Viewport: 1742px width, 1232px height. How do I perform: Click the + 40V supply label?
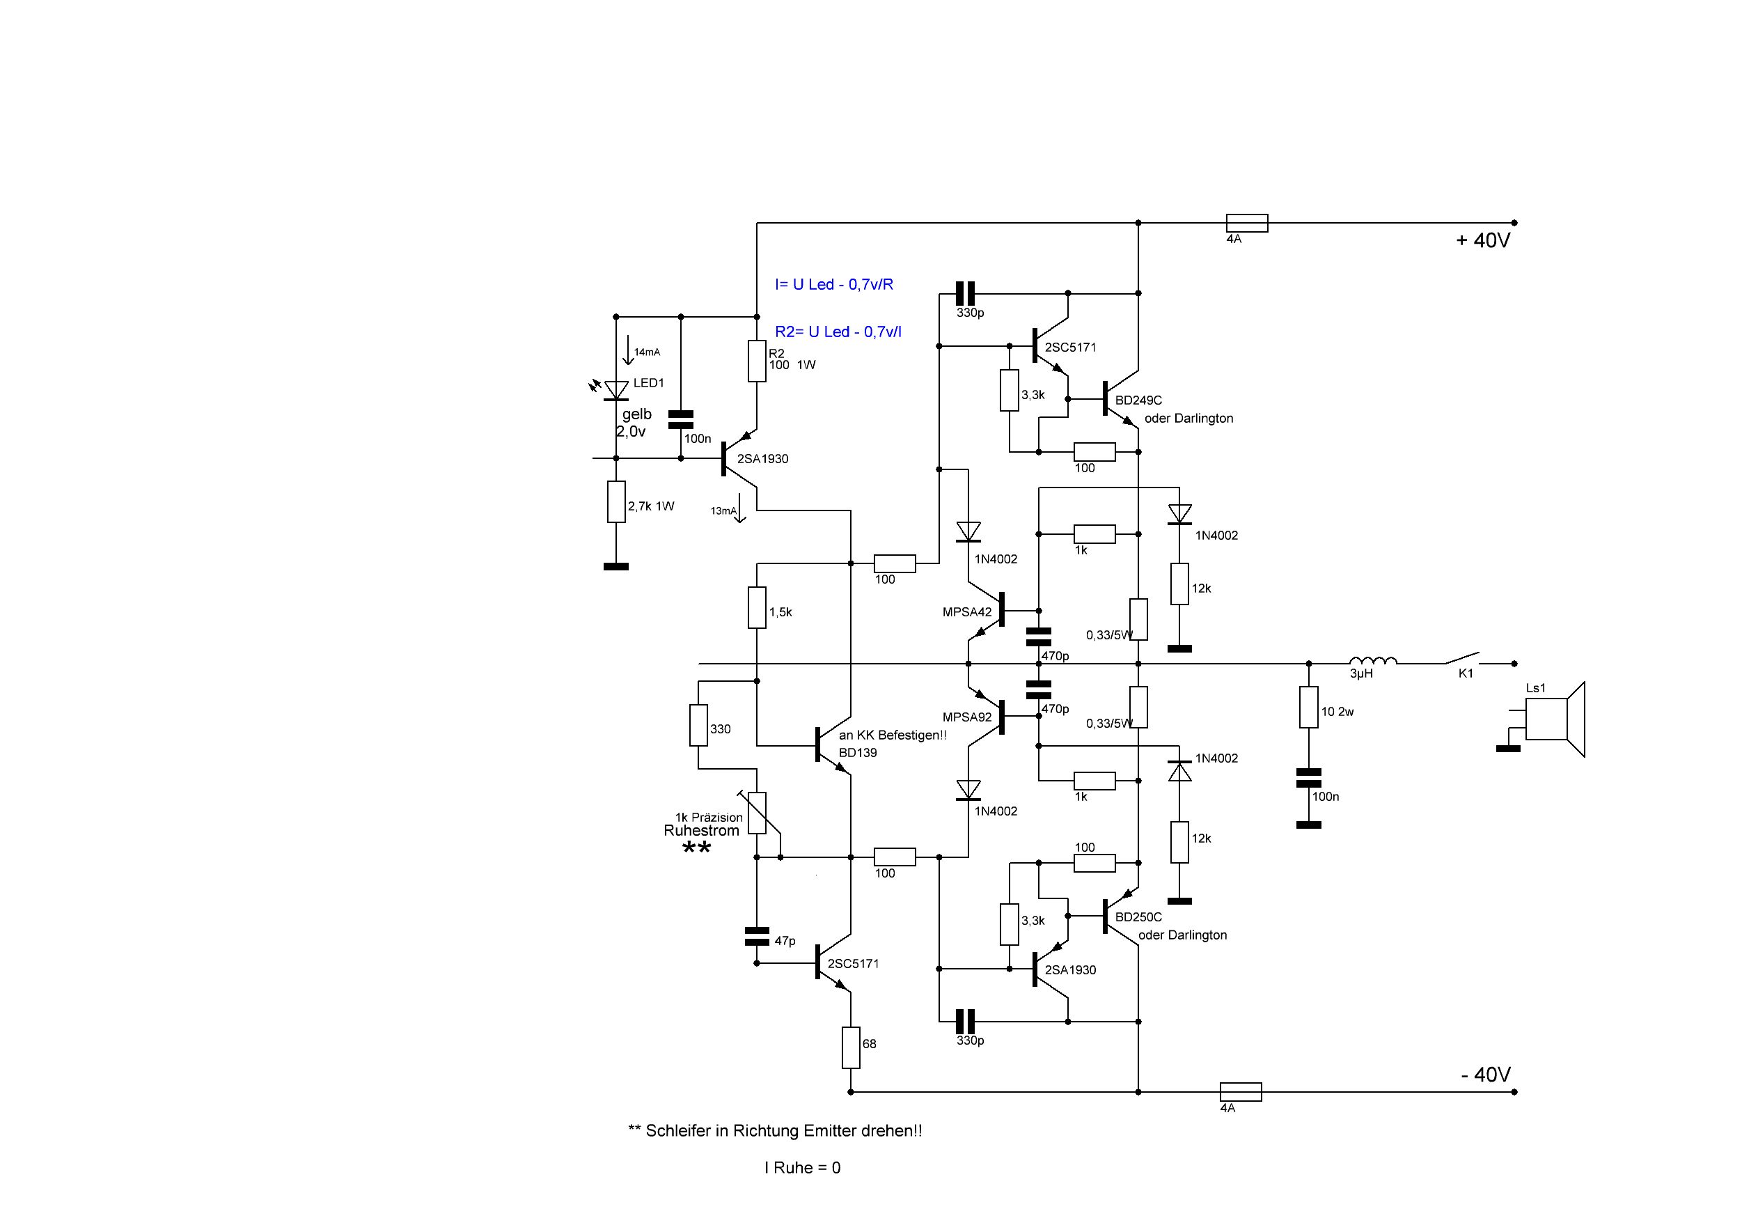pyautogui.click(x=1483, y=241)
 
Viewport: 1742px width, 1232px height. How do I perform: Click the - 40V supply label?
pyautogui.click(x=1486, y=1075)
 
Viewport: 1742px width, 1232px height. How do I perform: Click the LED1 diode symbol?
pyautogui.click(x=616, y=390)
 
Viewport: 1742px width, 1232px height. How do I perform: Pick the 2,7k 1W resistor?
pyautogui.click(x=616, y=501)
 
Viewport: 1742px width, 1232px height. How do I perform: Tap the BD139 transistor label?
pyautogui.click(x=858, y=753)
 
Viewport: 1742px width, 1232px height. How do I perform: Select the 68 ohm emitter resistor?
pyautogui.click(x=851, y=1047)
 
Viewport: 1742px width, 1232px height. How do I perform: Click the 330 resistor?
pyautogui.click(x=699, y=725)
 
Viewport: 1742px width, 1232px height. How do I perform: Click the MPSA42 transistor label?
pyautogui.click(x=967, y=612)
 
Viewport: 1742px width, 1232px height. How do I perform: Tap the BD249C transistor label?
pyautogui.click(x=1138, y=400)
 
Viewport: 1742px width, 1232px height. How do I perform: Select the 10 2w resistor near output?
pyautogui.click(x=1309, y=707)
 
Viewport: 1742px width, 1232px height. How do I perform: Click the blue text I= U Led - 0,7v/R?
pyautogui.click(x=834, y=285)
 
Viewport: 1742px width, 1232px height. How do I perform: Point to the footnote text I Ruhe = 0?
pyautogui.click(x=803, y=1167)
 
